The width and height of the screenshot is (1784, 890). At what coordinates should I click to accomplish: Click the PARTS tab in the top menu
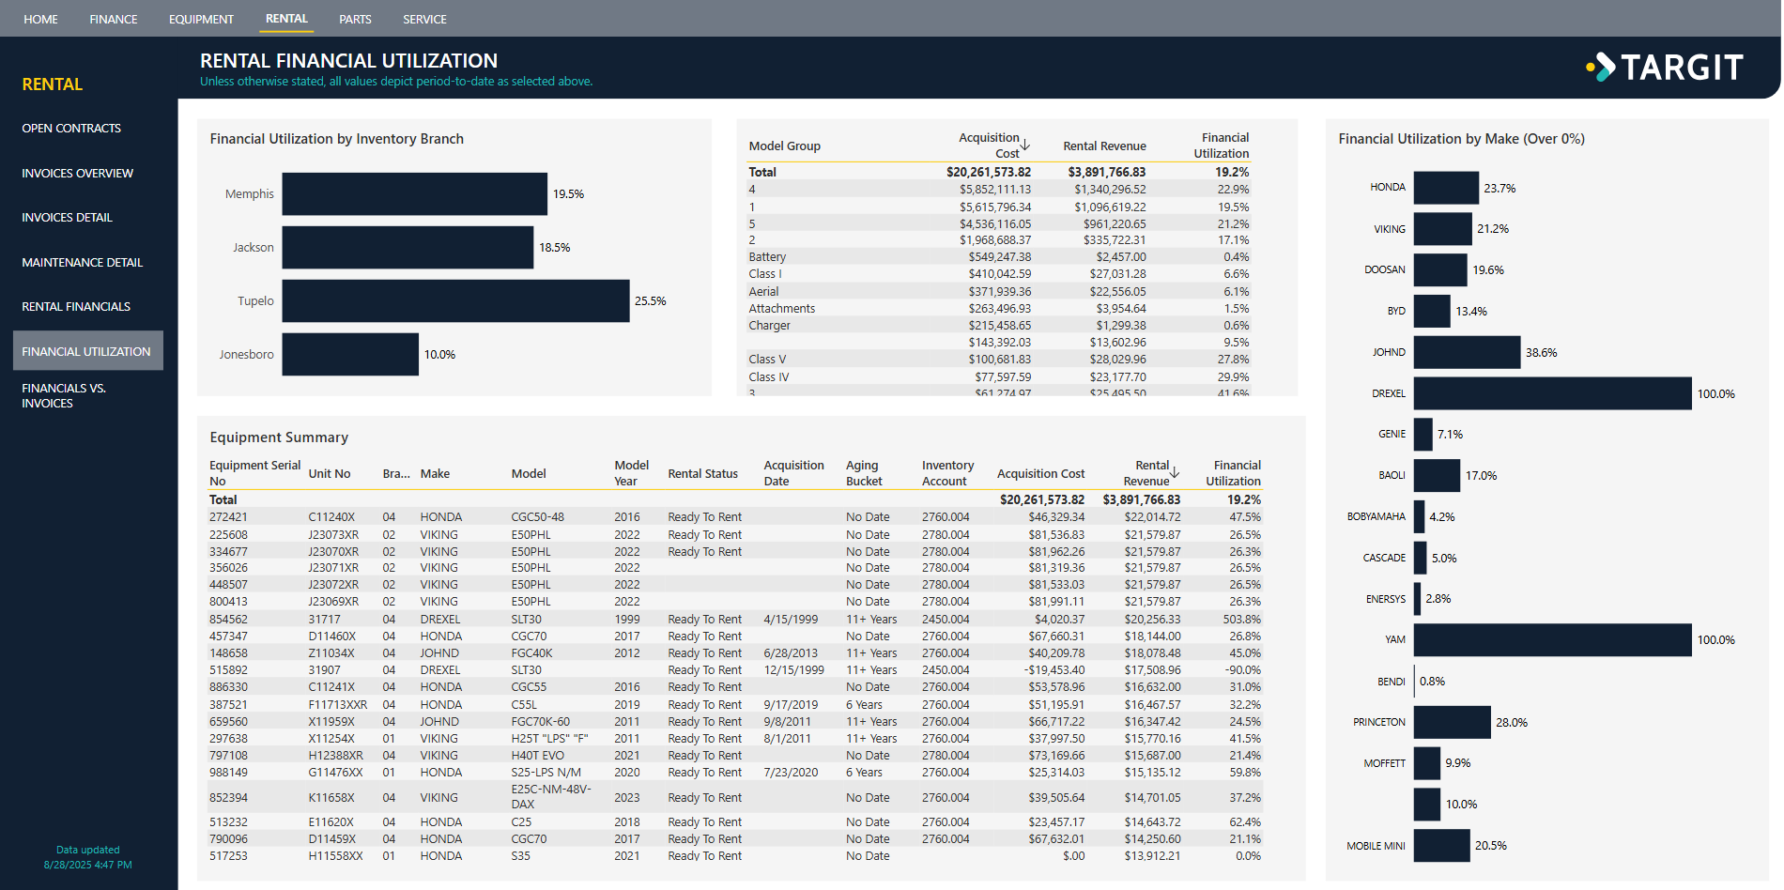coord(355,19)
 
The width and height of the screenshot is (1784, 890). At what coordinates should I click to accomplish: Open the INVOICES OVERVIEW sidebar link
coord(77,173)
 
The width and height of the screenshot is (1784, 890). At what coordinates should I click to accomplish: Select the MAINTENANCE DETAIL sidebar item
coord(82,262)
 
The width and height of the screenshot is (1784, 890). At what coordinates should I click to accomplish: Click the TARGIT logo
coord(1665,67)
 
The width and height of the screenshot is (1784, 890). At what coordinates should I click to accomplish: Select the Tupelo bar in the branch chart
coord(455,300)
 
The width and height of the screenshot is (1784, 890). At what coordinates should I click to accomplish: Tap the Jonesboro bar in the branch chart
coord(350,354)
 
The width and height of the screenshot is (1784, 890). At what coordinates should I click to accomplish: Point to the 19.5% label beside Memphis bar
coord(568,194)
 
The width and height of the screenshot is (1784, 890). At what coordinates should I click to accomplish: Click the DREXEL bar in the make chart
coord(1552,393)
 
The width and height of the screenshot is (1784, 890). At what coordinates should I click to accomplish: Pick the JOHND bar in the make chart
coord(1467,352)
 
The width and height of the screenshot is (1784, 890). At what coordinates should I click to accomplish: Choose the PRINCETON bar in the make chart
coord(1452,722)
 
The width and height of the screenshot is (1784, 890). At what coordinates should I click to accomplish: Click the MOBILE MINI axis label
coord(1376,846)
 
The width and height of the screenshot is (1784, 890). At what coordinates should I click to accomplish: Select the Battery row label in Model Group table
coord(767,257)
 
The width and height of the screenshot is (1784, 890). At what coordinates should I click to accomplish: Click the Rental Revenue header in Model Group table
coord(1104,146)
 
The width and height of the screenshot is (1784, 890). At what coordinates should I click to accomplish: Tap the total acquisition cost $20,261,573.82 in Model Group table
coord(988,172)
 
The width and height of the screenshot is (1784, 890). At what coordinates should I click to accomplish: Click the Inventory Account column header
coord(947,473)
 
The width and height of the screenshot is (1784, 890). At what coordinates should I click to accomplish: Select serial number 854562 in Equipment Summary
coord(228,620)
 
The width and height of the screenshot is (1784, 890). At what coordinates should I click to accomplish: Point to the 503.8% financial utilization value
coord(1241,620)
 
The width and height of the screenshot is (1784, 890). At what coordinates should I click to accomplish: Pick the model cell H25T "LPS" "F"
coord(549,739)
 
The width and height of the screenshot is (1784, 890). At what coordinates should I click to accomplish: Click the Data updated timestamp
coord(87,857)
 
